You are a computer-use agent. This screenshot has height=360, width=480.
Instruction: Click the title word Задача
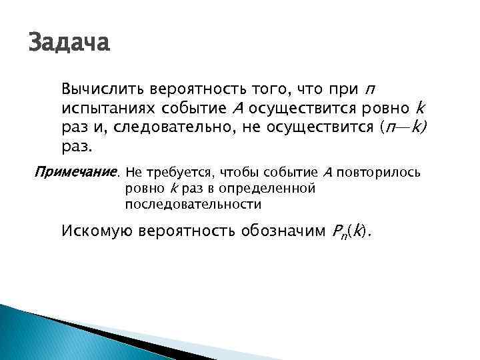(x=69, y=45)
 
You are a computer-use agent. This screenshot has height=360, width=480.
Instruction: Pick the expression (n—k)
(x=403, y=127)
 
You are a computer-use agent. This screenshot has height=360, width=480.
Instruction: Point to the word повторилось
(x=378, y=173)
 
